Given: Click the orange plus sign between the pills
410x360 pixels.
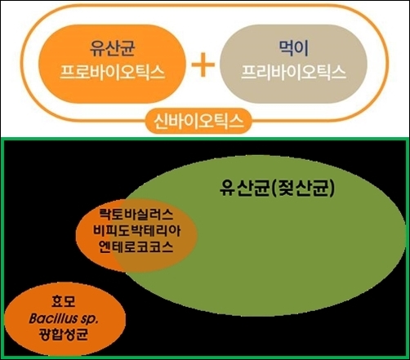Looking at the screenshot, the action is pos(203,64).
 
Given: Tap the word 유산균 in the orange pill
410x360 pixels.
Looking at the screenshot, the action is pos(113,48).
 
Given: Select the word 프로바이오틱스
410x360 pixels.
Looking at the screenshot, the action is pos(112,73).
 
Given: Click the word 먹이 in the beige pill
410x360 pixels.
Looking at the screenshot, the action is pos(294,48).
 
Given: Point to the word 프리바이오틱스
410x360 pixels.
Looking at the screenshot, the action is pos(293,73).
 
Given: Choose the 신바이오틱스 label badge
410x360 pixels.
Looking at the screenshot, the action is pos(198,122).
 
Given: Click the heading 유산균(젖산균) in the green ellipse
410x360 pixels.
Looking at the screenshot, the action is pos(277,189).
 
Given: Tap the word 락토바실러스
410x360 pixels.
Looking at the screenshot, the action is pos(136,215).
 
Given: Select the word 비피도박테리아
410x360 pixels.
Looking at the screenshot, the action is pos(136,231).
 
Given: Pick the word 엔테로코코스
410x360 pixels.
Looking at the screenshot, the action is pos(136,247).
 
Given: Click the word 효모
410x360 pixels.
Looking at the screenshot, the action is pos(63,301).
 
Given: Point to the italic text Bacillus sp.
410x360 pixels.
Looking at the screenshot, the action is pos(63,318).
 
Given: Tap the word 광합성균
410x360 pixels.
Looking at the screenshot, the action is pos(64,334).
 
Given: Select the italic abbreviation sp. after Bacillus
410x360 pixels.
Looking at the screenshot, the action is pos(89,319).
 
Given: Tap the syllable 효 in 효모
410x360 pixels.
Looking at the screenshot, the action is pos(57,301).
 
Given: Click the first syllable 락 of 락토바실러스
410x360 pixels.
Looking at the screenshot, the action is pos(105,215).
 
